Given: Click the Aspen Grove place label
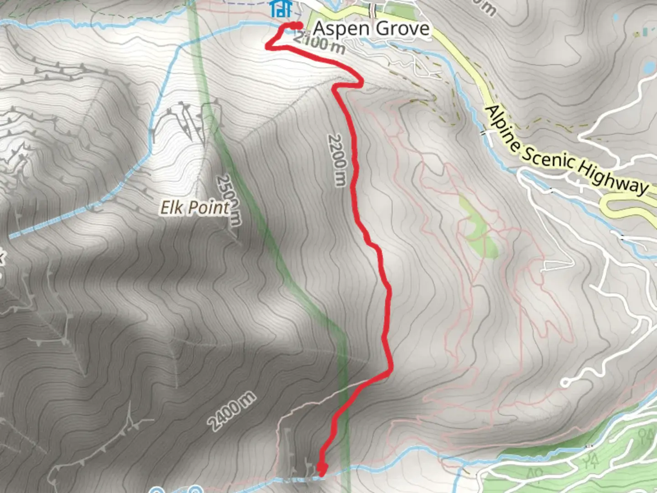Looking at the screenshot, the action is (x=371, y=29).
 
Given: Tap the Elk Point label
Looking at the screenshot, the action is (x=194, y=208).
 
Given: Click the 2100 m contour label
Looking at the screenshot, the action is (x=319, y=43).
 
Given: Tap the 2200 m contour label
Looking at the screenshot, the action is (x=338, y=160).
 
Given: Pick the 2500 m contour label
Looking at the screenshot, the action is (x=228, y=199).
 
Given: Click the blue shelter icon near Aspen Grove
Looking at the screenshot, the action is (x=281, y=8).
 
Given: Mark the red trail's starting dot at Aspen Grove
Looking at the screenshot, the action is (x=297, y=26).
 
